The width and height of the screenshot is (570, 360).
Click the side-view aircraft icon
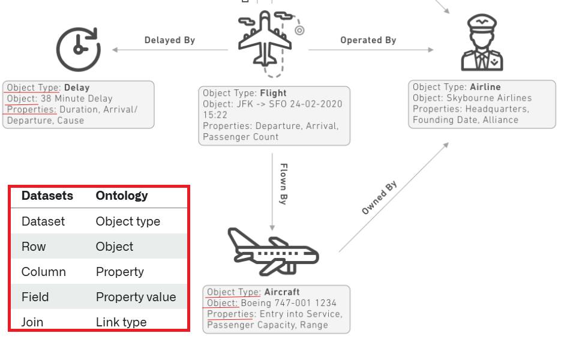(272, 251)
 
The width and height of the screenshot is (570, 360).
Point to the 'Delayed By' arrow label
(170, 40)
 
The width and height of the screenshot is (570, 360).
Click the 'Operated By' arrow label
(368, 40)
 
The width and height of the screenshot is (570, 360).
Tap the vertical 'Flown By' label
(284, 184)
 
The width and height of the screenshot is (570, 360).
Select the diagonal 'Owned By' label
(380, 197)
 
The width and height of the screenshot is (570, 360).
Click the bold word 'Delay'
(77, 88)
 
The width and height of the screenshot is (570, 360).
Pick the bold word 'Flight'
(274, 93)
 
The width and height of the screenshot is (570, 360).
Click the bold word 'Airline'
(485, 87)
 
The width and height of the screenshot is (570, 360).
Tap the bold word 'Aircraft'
(282, 292)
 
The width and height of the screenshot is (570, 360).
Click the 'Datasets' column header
(47, 196)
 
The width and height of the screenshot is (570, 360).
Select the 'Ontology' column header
(122, 196)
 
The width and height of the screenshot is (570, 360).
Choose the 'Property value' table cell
(136, 297)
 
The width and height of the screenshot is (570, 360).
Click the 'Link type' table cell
(121, 322)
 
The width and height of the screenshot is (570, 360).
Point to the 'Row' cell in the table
(34, 247)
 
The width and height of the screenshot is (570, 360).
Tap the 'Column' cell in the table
(44, 272)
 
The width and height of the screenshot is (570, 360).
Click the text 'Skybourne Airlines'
(489, 98)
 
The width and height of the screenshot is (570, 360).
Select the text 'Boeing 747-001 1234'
(289, 303)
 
